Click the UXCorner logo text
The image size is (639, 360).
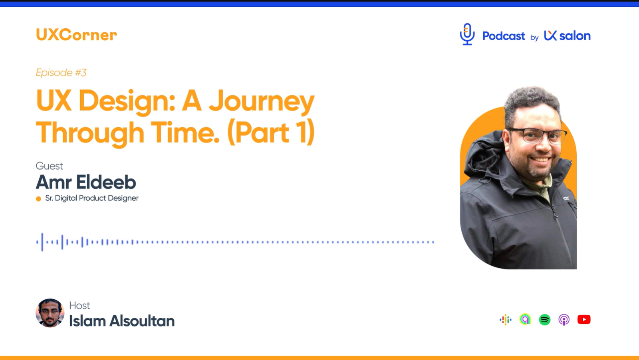point(76,35)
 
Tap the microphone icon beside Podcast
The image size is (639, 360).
point(467,34)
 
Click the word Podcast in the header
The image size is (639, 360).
point(504,36)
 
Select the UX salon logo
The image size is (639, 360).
point(567,36)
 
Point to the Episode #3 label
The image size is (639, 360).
point(61,73)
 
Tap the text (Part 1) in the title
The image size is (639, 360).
point(271,133)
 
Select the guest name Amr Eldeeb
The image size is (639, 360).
point(86,182)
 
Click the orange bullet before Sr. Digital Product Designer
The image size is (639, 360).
point(38,199)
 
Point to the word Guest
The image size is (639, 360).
point(49,166)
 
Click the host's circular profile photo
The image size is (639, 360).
point(50,313)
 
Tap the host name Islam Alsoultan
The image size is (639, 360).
point(122,321)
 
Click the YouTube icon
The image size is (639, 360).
point(584,320)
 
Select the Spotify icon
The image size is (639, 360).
point(545,320)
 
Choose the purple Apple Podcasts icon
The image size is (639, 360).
point(564,320)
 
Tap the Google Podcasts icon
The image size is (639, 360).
point(506,320)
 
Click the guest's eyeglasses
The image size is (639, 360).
point(538,135)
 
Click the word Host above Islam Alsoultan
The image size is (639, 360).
point(79,306)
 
